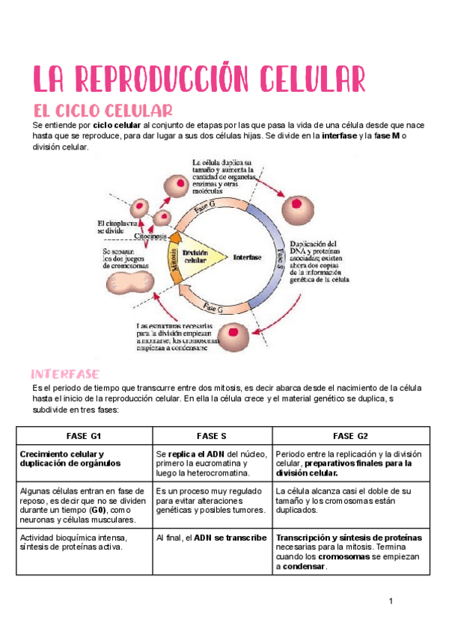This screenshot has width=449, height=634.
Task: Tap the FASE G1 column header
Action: pyautogui.click(x=85, y=436)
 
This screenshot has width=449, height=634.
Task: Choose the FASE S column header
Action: pyautogui.click(x=212, y=436)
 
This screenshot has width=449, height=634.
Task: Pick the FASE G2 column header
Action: pyautogui.click(x=350, y=436)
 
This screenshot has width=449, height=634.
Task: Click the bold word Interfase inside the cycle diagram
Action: pyautogui.click(x=247, y=256)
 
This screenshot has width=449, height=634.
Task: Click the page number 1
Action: pyautogui.click(x=391, y=602)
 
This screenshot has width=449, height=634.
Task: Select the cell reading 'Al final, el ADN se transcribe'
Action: pyautogui.click(x=212, y=537)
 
